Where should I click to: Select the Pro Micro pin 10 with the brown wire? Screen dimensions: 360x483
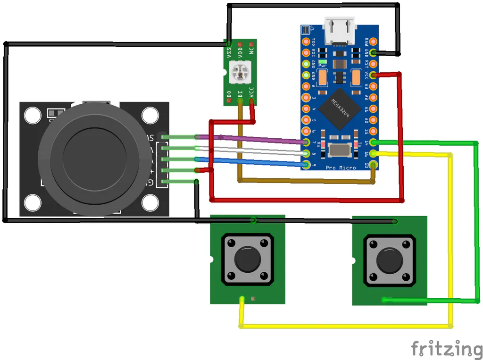[x=374, y=165]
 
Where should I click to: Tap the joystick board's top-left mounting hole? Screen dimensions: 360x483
[x=33, y=116]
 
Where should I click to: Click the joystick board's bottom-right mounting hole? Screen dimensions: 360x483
[x=150, y=203]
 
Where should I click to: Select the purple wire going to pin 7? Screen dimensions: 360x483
[x=255, y=139]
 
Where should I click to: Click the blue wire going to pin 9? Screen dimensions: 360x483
[x=255, y=161]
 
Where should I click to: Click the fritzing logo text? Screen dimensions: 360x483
[x=446, y=349]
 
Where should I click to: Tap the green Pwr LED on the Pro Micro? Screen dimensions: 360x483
[x=323, y=62]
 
